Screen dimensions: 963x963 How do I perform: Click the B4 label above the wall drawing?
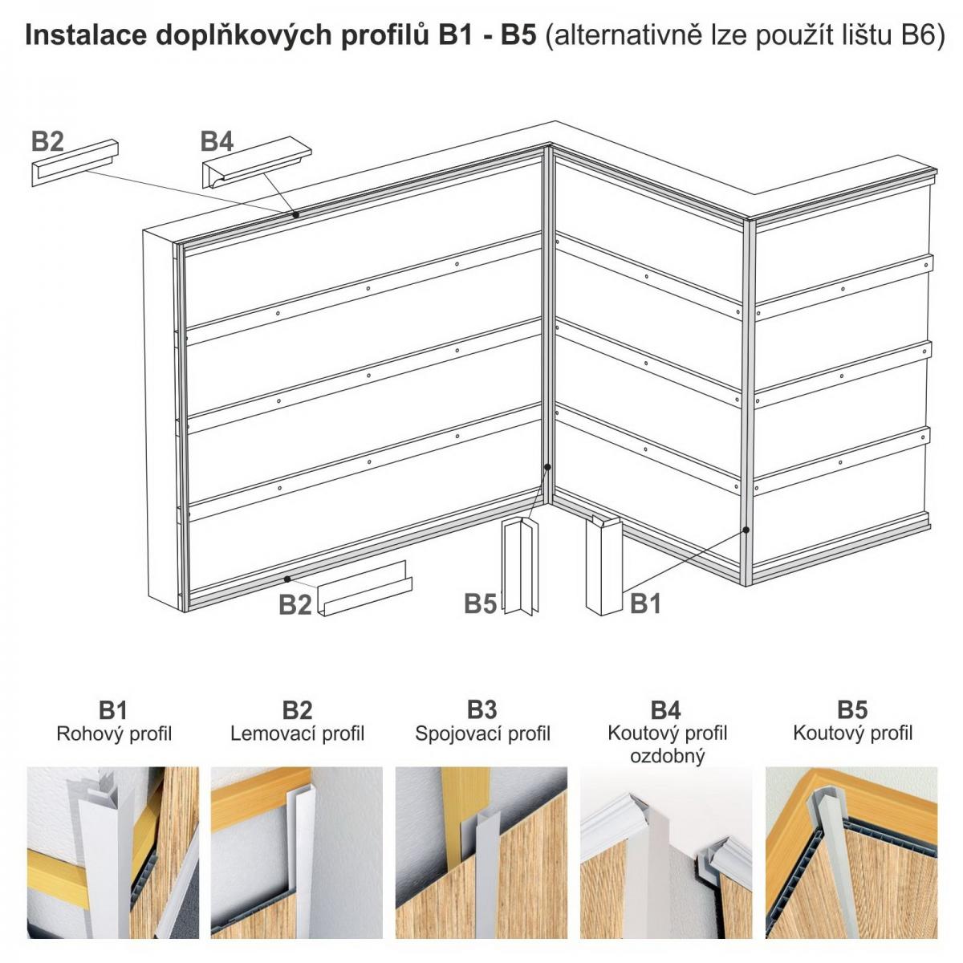(x=217, y=141)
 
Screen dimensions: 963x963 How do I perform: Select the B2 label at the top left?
(x=47, y=141)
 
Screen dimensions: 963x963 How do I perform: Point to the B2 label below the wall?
(x=295, y=604)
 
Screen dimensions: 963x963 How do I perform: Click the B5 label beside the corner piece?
(x=480, y=603)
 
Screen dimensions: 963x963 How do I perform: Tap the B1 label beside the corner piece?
(x=645, y=603)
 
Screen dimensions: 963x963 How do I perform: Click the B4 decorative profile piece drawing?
(x=257, y=161)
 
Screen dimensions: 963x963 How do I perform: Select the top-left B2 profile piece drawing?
(x=75, y=163)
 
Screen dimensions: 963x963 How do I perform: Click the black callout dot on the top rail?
(x=296, y=215)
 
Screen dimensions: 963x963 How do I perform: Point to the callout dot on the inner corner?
(x=547, y=467)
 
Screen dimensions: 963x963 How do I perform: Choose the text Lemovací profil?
(x=298, y=733)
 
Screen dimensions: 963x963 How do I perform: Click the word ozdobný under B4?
(x=667, y=756)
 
